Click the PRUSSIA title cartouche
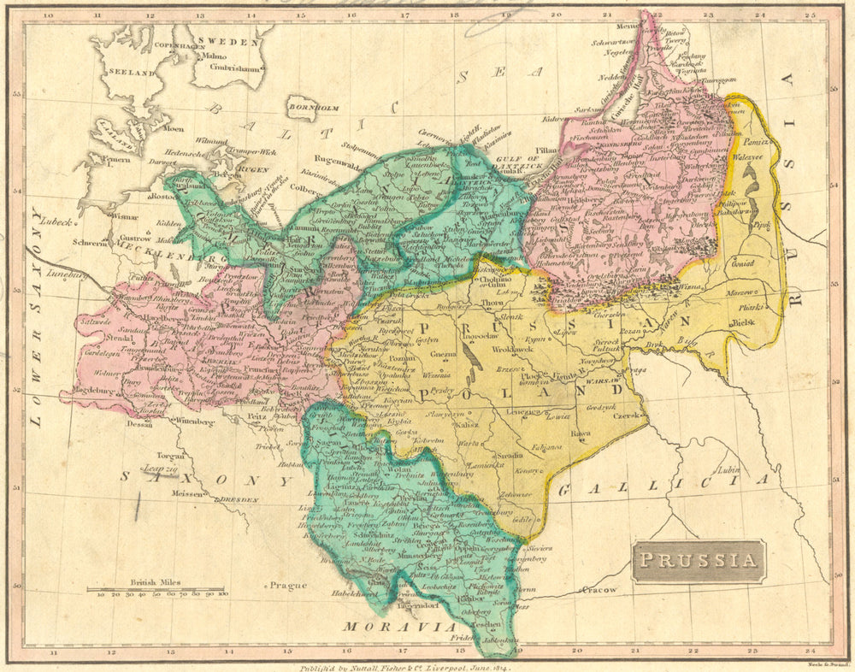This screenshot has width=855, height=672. coord(699,562)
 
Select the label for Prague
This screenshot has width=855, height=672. coord(287,586)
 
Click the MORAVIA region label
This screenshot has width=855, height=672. coord(388,628)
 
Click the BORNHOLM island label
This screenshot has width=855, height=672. coord(315,109)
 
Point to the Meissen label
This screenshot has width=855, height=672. coord(186,493)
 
